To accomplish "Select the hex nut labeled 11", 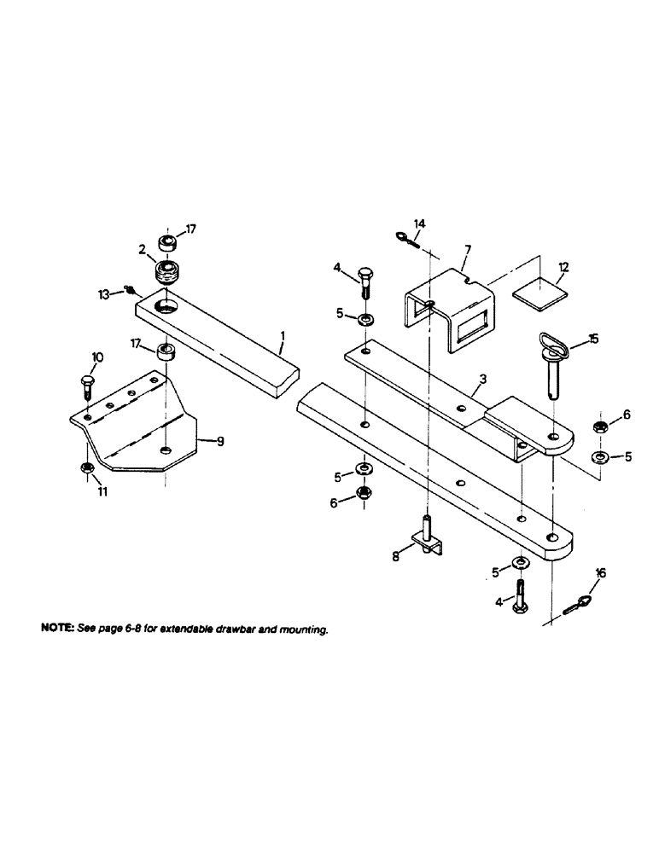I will [x=87, y=468].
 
